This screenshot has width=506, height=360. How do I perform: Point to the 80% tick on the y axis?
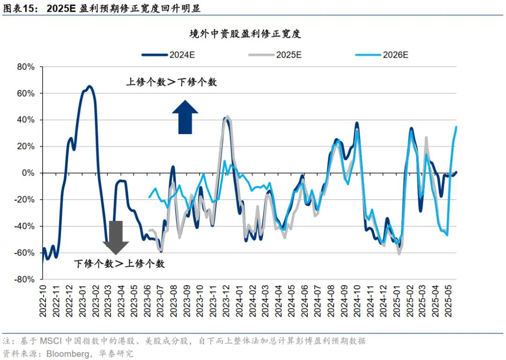(25, 67)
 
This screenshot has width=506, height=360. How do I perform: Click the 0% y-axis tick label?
(29, 173)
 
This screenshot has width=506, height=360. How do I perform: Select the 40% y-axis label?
(25, 120)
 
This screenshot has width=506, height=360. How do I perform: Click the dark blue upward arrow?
(185, 117)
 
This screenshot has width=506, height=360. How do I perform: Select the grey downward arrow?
(116, 237)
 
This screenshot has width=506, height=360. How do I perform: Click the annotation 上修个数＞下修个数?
(171, 82)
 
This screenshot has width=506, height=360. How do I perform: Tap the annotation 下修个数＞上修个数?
(119, 264)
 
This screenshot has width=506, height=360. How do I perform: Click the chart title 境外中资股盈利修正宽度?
(245, 34)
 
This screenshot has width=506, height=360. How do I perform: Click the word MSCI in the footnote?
(52, 341)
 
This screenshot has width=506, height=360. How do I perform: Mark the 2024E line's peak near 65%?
(89, 86)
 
